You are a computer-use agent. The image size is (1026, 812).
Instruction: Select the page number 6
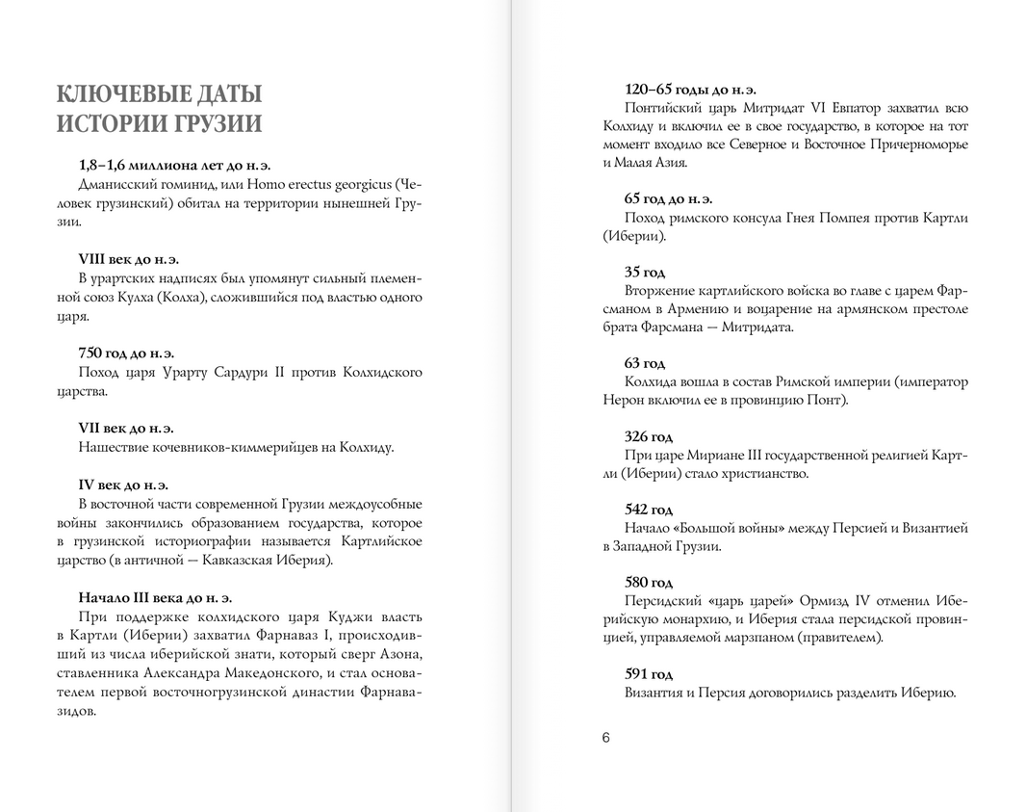(606, 738)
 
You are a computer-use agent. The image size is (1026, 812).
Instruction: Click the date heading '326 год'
(649, 436)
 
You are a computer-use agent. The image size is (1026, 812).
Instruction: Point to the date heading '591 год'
(649, 673)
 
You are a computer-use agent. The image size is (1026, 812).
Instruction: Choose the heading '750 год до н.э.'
(126, 354)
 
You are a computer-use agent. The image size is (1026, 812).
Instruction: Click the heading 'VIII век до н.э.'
(129, 259)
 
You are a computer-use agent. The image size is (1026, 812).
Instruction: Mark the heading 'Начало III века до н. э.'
(155, 598)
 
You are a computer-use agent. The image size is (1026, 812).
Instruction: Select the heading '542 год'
(649, 510)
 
